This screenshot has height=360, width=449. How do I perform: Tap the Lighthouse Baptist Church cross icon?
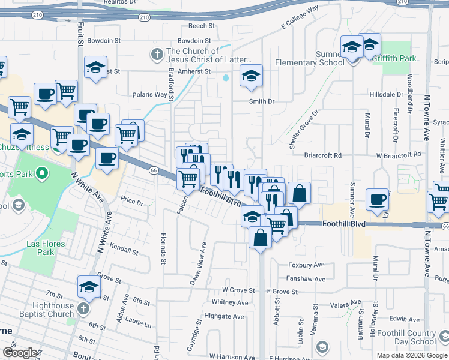tap(83, 308)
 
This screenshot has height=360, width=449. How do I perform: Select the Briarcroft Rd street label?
tap(322, 155)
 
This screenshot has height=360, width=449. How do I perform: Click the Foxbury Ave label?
tap(306, 265)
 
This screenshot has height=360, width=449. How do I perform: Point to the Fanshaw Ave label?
tap(306, 279)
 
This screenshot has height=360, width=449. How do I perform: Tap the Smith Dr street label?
tap(262, 101)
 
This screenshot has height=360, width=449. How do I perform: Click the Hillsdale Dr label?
tap(386, 95)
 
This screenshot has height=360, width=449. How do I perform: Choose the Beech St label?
tap(202, 26)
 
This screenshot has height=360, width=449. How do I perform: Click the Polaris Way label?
tap(150, 95)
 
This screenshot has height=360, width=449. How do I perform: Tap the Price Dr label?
tap(132, 203)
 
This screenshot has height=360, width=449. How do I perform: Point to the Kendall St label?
tap(124, 248)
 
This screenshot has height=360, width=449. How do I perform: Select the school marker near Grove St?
tap(89, 287)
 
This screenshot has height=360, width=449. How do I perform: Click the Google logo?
tap(20, 353)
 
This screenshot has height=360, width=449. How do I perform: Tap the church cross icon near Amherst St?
tap(157, 55)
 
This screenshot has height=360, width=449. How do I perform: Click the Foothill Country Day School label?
tap(412, 337)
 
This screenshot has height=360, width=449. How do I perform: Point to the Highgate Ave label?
tap(224, 316)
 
